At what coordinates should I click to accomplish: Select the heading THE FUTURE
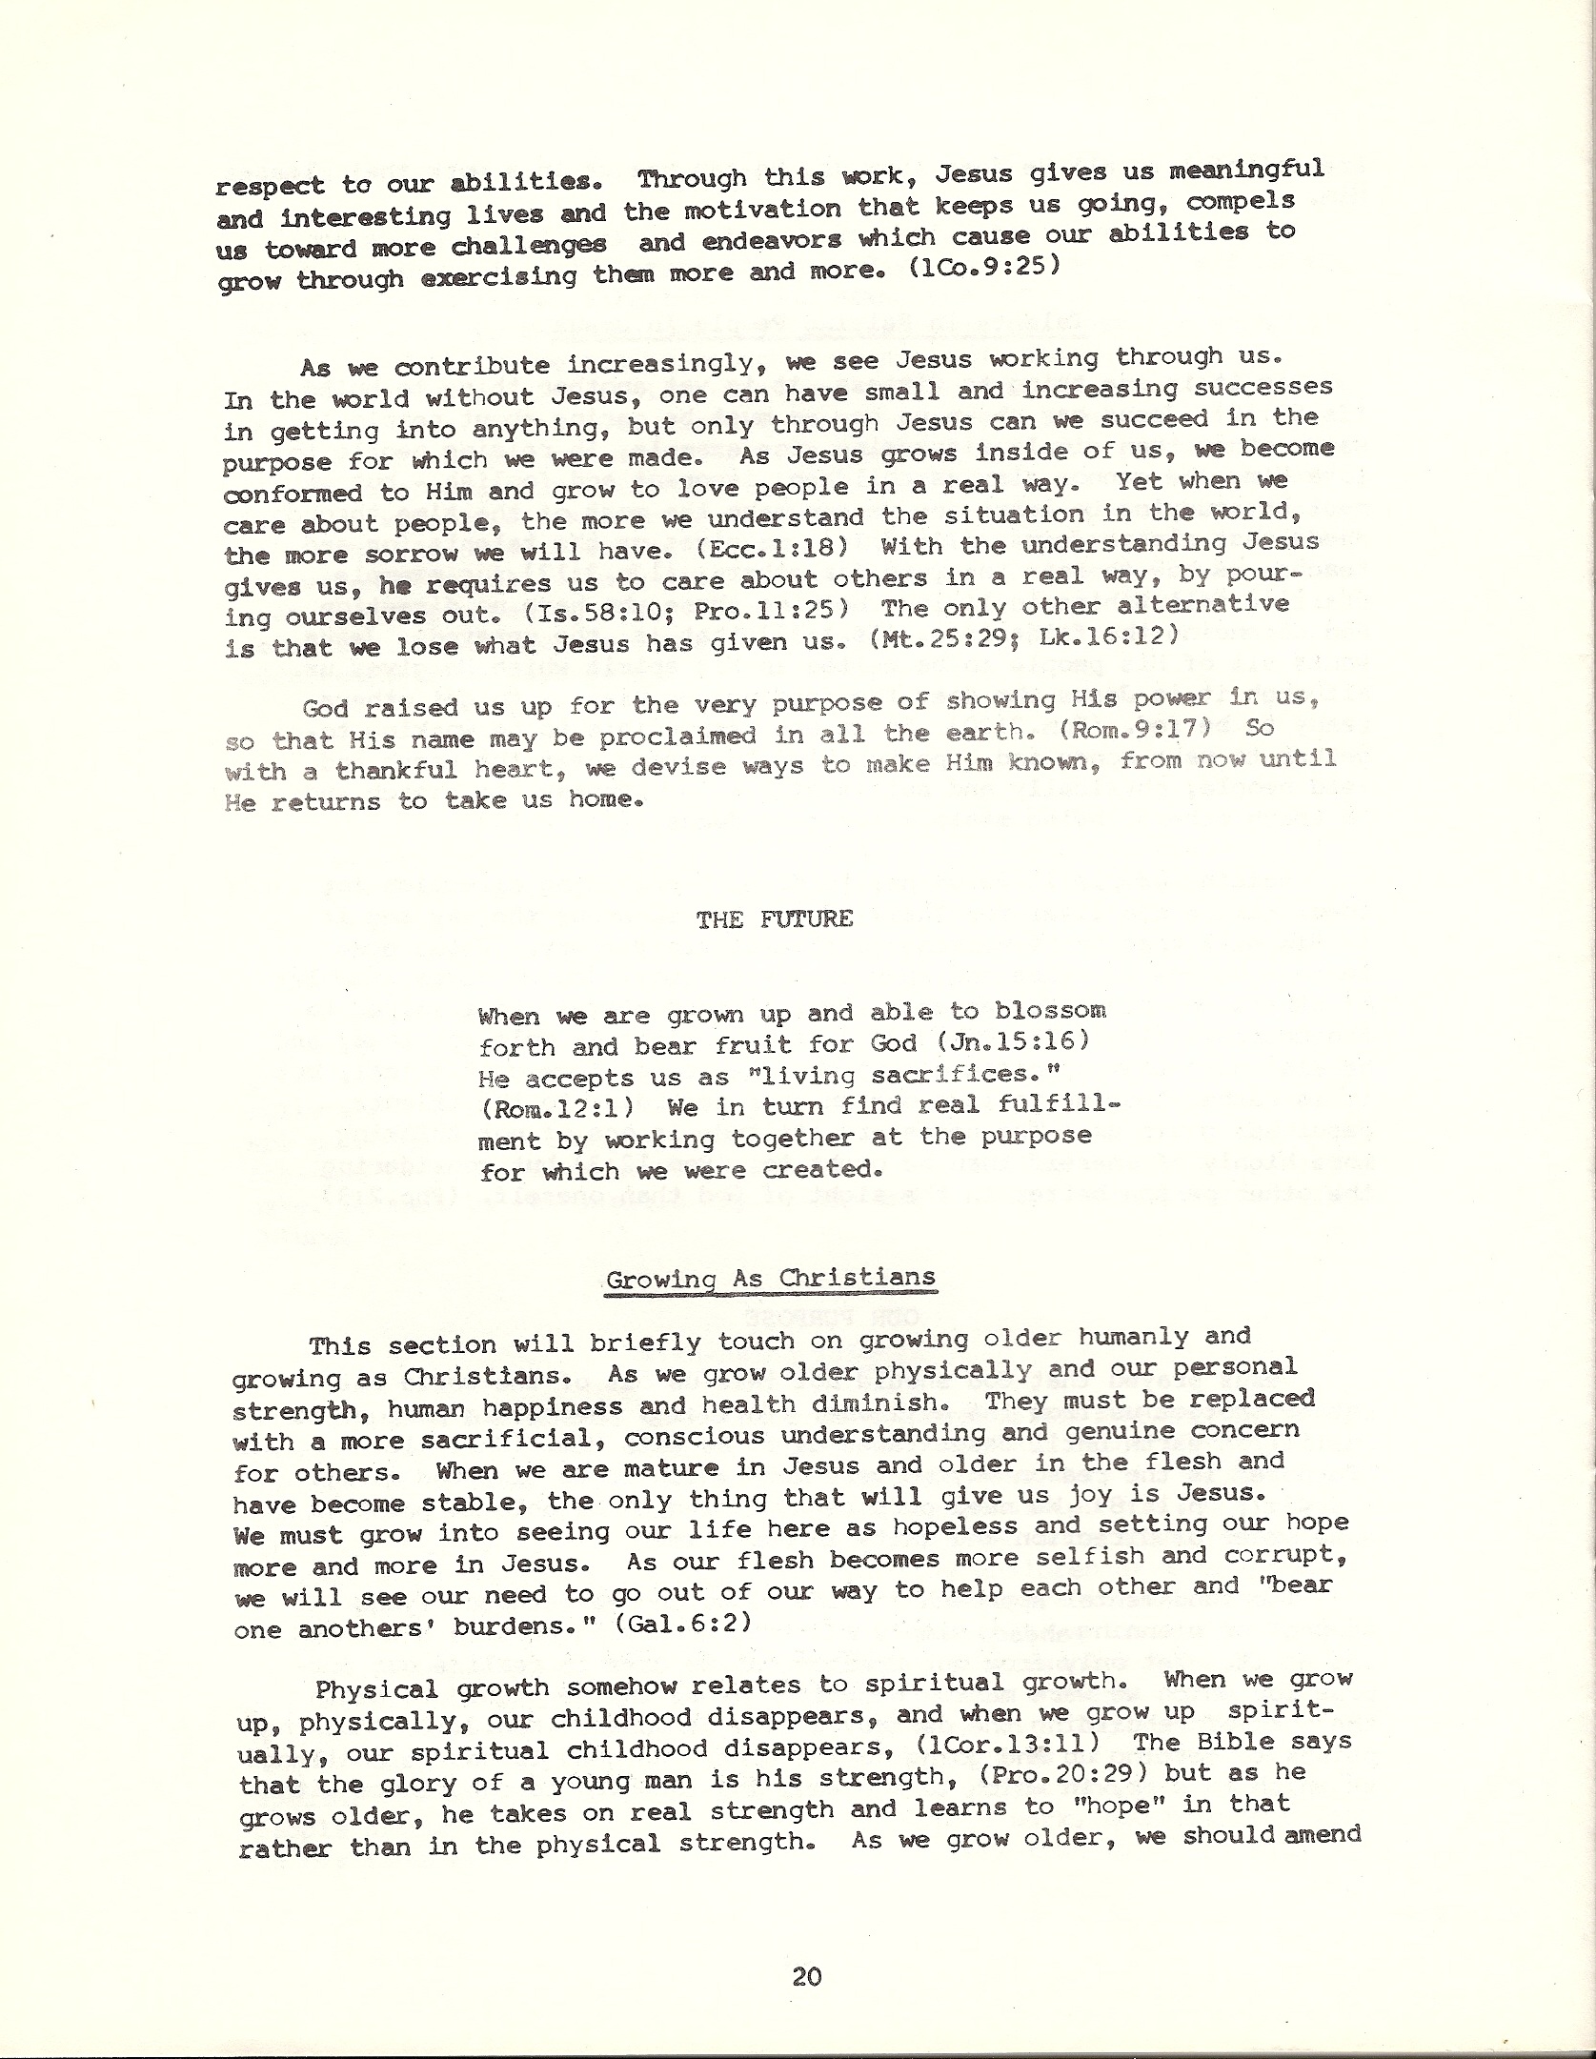[774, 919]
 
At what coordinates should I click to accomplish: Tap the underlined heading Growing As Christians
[771, 1279]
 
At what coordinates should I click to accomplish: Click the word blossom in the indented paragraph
[1050, 1010]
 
